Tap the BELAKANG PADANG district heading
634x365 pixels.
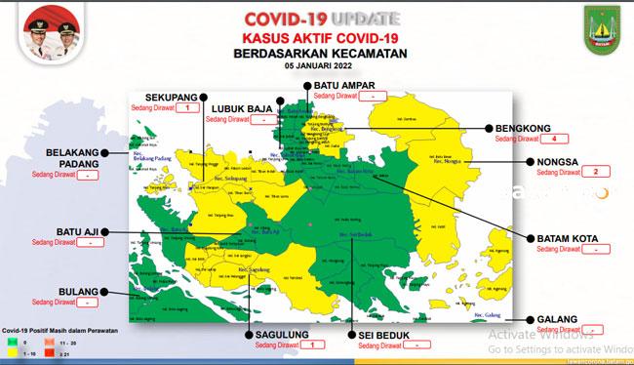[75, 159]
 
